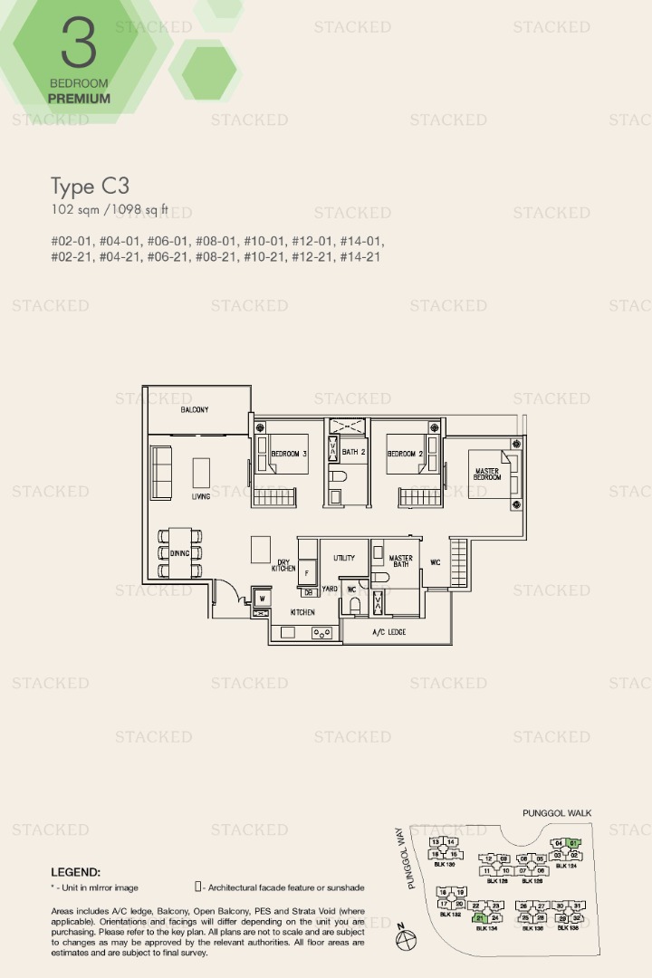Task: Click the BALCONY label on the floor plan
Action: pyautogui.click(x=194, y=410)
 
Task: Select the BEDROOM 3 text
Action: pyautogui.click(x=289, y=454)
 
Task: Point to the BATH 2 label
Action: pyautogui.click(x=355, y=452)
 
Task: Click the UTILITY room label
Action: pyautogui.click(x=344, y=559)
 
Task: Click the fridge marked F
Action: pyautogui.click(x=307, y=574)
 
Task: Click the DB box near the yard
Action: pyautogui.click(x=308, y=593)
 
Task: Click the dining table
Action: pyautogui.click(x=180, y=552)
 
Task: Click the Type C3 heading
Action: pyautogui.click(x=90, y=187)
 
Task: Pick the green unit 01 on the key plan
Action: pyautogui.click(x=573, y=843)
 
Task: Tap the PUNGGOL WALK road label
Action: pyautogui.click(x=557, y=813)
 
